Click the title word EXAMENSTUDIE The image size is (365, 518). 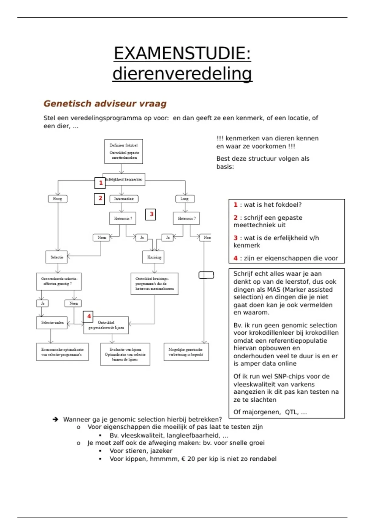pyautogui.click(x=182, y=54)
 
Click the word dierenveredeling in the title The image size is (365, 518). pyautogui.click(x=182, y=74)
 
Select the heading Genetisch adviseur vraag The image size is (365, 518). pyautogui.click(x=105, y=104)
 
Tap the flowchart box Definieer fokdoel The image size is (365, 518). pyautogui.click(x=123, y=151)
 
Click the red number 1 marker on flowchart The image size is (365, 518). pyautogui.click(x=100, y=183)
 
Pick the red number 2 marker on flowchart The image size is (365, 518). pyautogui.click(x=100, y=199)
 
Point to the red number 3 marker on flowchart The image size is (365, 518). pyautogui.click(x=151, y=214)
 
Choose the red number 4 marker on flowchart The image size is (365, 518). pyautogui.click(x=88, y=317)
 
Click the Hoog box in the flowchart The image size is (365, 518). pyautogui.click(x=57, y=199)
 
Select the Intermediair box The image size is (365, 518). pyautogui.click(x=123, y=199)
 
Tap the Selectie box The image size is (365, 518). pyautogui.click(x=57, y=257)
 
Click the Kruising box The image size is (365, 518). pyautogui.click(x=154, y=257)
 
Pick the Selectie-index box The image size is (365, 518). pyautogui.click(x=52, y=322)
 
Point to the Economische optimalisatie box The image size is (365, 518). pyautogui.click(x=62, y=352)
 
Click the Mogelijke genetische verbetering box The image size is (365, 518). pyautogui.click(x=186, y=352)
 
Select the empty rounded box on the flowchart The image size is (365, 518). pyautogui.click(x=206, y=275)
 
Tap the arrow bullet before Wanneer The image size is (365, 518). pyautogui.click(x=55, y=420)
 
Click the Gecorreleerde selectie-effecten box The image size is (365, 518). pyautogui.click(x=59, y=281)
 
